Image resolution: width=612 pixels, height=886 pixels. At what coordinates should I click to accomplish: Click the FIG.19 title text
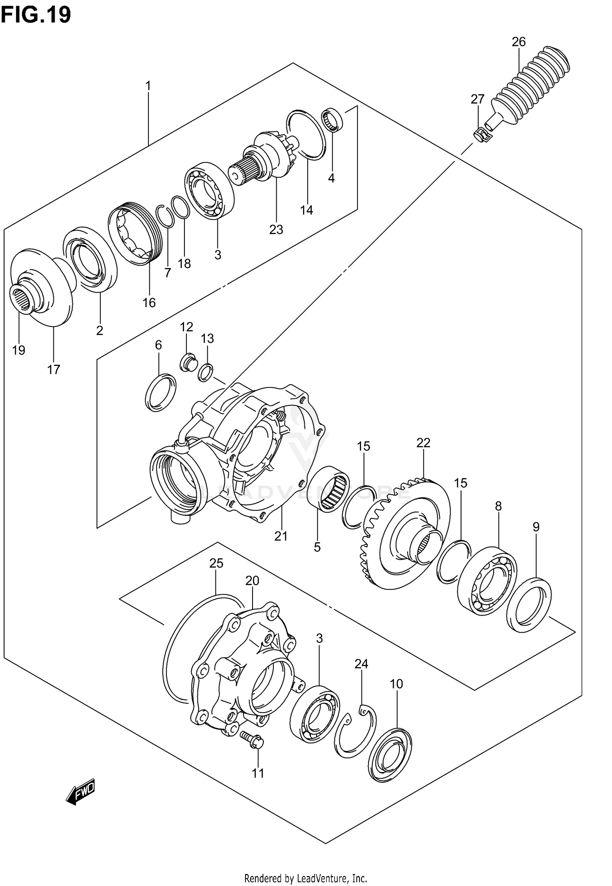(36, 15)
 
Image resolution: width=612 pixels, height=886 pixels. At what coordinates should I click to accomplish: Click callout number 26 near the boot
(519, 42)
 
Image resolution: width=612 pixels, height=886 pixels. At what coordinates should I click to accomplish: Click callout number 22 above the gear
(424, 443)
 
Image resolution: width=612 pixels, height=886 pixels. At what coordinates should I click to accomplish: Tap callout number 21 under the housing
(281, 536)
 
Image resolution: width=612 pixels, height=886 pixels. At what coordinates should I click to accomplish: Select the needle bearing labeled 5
(329, 487)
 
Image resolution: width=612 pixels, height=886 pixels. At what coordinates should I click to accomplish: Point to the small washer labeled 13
(206, 373)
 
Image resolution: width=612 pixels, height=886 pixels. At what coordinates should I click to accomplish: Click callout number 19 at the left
(19, 350)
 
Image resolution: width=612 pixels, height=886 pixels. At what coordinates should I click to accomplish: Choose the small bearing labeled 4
(333, 120)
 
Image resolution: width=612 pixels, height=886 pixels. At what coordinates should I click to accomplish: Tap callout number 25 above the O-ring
(216, 564)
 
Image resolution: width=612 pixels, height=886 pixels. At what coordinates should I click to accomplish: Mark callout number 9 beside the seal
(536, 527)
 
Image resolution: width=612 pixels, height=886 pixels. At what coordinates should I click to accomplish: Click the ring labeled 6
(160, 392)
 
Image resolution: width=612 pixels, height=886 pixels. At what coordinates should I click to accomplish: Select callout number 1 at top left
(148, 86)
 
